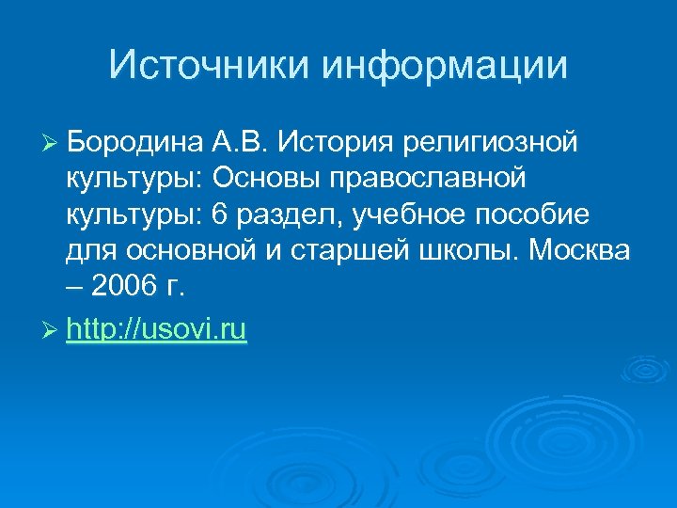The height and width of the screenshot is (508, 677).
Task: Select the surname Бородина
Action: click(133, 143)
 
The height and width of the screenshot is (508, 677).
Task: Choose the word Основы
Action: click(274, 179)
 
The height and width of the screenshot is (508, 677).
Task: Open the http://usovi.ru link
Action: click(157, 330)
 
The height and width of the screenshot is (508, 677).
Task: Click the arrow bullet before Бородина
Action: click(51, 144)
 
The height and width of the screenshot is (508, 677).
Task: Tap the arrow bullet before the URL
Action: click(51, 331)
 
